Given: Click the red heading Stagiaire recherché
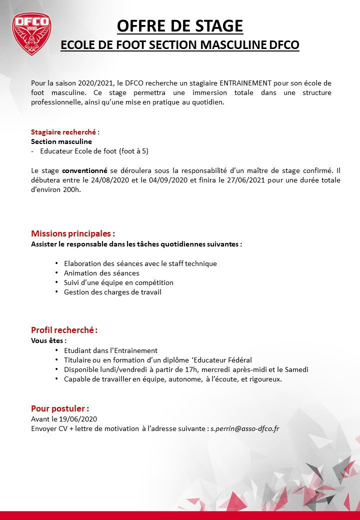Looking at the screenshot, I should (x=65, y=132).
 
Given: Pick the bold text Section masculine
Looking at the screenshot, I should (x=61, y=141).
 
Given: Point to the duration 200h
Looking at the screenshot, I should (x=72, y=189).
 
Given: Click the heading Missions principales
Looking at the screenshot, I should (x=73, y=233).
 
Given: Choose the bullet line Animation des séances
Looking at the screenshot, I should (x=101, y=273).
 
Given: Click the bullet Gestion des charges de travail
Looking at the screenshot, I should (x=112, y=292).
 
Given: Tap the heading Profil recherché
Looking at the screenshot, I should (x=64, y=330).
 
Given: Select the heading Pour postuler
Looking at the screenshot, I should (x=60, y=408).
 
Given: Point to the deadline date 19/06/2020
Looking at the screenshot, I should (x=79, y=419).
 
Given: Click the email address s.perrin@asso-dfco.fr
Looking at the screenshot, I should (x=244, y=428).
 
